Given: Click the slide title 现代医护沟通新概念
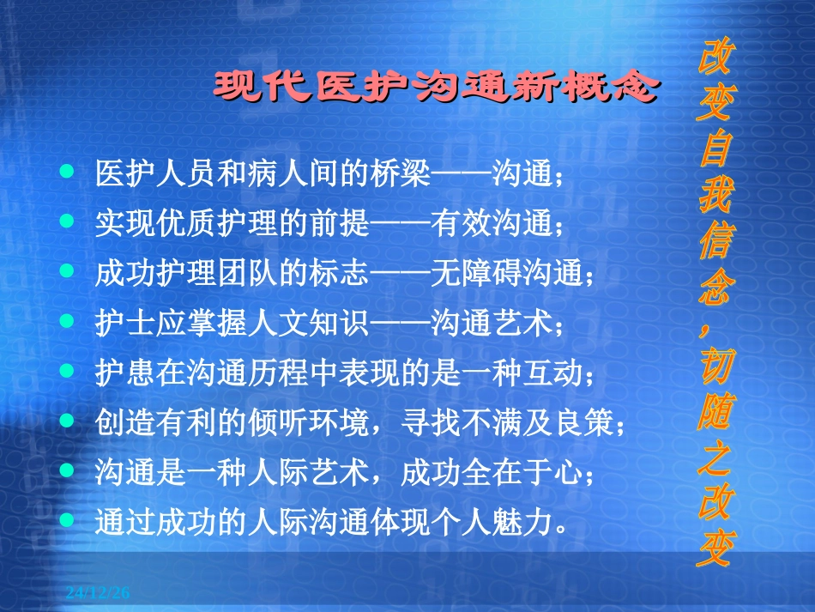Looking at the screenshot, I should click(438, 88).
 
